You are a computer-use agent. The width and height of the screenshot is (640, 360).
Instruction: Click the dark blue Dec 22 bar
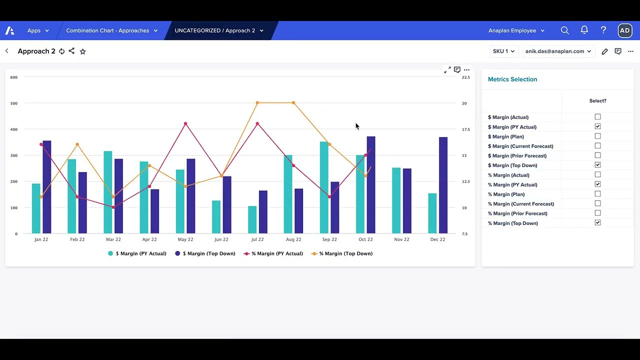443,185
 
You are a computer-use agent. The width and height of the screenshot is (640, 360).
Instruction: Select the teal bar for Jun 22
216,217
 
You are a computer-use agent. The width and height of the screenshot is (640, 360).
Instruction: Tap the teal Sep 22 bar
324,187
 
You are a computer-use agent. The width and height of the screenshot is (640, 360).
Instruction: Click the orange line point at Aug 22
293,103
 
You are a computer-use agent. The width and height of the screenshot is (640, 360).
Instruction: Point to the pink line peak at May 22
185,123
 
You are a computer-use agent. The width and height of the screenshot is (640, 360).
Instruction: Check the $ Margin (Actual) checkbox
597,117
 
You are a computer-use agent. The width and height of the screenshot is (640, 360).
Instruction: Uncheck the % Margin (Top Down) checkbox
597,223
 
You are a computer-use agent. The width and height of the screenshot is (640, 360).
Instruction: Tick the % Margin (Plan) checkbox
597,194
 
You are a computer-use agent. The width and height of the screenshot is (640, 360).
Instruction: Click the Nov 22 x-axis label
401,239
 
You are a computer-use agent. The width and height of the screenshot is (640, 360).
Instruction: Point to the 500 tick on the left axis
13,103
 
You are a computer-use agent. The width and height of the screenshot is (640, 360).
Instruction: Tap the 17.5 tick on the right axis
465,129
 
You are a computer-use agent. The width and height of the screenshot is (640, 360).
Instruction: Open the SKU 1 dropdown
503,51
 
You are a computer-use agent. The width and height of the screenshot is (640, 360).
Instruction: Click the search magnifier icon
565,30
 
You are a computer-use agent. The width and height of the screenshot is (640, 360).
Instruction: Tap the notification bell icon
584,30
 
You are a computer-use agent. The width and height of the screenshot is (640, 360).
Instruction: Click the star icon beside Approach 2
83,51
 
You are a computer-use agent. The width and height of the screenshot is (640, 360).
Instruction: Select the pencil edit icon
604,51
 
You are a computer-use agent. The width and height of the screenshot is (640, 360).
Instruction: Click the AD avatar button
624,30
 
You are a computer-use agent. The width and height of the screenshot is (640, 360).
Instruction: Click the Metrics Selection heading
512,79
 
